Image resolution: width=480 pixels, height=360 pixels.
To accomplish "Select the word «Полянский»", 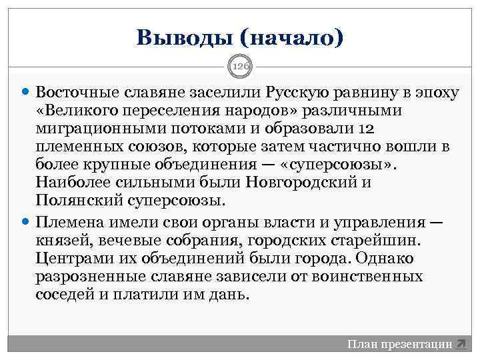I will [x=73, y=200].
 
